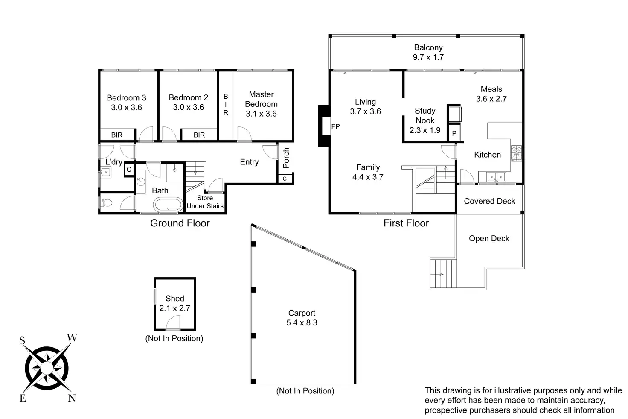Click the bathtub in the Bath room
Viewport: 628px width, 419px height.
point(168,205)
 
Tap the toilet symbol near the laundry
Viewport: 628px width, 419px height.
point(107,202)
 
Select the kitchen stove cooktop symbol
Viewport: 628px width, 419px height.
point(516,153)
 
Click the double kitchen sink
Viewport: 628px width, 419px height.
point(496,177)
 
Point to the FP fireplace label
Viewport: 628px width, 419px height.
point(335,126)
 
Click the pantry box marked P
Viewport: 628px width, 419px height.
point(454,133)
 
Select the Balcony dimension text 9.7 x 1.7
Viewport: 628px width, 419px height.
point(428,57)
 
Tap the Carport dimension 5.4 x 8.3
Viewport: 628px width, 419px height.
point(302,323)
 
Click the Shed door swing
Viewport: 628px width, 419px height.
point(173,322)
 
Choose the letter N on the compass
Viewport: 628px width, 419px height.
point(72,398)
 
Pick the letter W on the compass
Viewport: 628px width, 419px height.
point(72,337)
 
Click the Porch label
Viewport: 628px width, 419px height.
point(286,158)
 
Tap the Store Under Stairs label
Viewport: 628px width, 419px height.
point(205,202)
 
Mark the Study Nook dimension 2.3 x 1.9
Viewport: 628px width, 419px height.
point(425,130)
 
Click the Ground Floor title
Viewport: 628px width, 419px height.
point(180,223)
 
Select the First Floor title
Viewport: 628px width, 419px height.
point(406,223)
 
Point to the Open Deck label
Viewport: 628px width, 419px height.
point(489,239)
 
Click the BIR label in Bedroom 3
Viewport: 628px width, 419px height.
point(116,135)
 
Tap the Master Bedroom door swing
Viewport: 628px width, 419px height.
point(244,134)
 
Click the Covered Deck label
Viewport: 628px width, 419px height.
point(489,201)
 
